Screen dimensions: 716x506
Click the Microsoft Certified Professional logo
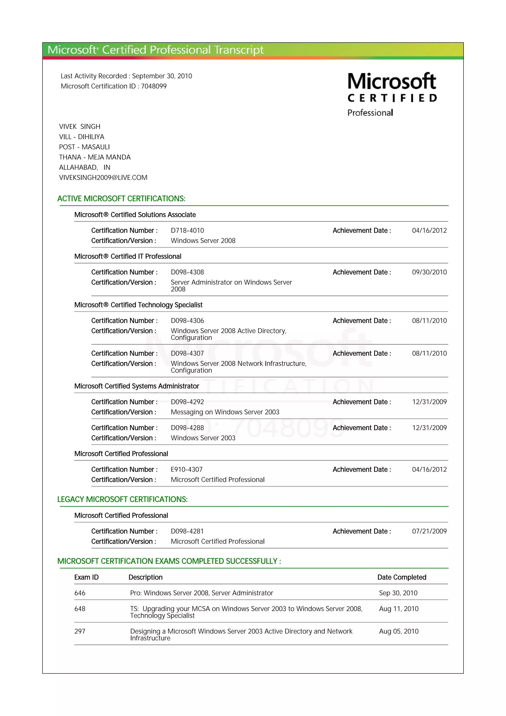tap(392, 94)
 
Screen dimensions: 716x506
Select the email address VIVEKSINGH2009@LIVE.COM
tap(103, 177)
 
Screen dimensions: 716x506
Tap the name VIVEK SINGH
tap(80, 126)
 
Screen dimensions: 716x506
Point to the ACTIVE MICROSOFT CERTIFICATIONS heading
tap(121, 199)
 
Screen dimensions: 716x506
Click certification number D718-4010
tap(187, 231)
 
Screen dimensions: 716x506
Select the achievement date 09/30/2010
tap(429, 272)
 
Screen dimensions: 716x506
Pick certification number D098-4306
tap(187, 321)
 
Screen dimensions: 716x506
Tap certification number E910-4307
tap(187, 469)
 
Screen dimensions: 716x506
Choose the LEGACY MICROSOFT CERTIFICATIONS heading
tap(123, 499)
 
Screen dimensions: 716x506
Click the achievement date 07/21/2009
tap(429, 531)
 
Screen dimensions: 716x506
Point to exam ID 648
tap(80, 609)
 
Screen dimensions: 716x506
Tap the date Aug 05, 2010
tap(399, 631)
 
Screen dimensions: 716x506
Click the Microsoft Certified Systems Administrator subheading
tap(137, 386)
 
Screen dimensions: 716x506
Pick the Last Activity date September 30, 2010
tap(162, 76)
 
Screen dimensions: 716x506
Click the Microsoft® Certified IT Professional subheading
tap(128, 256)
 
